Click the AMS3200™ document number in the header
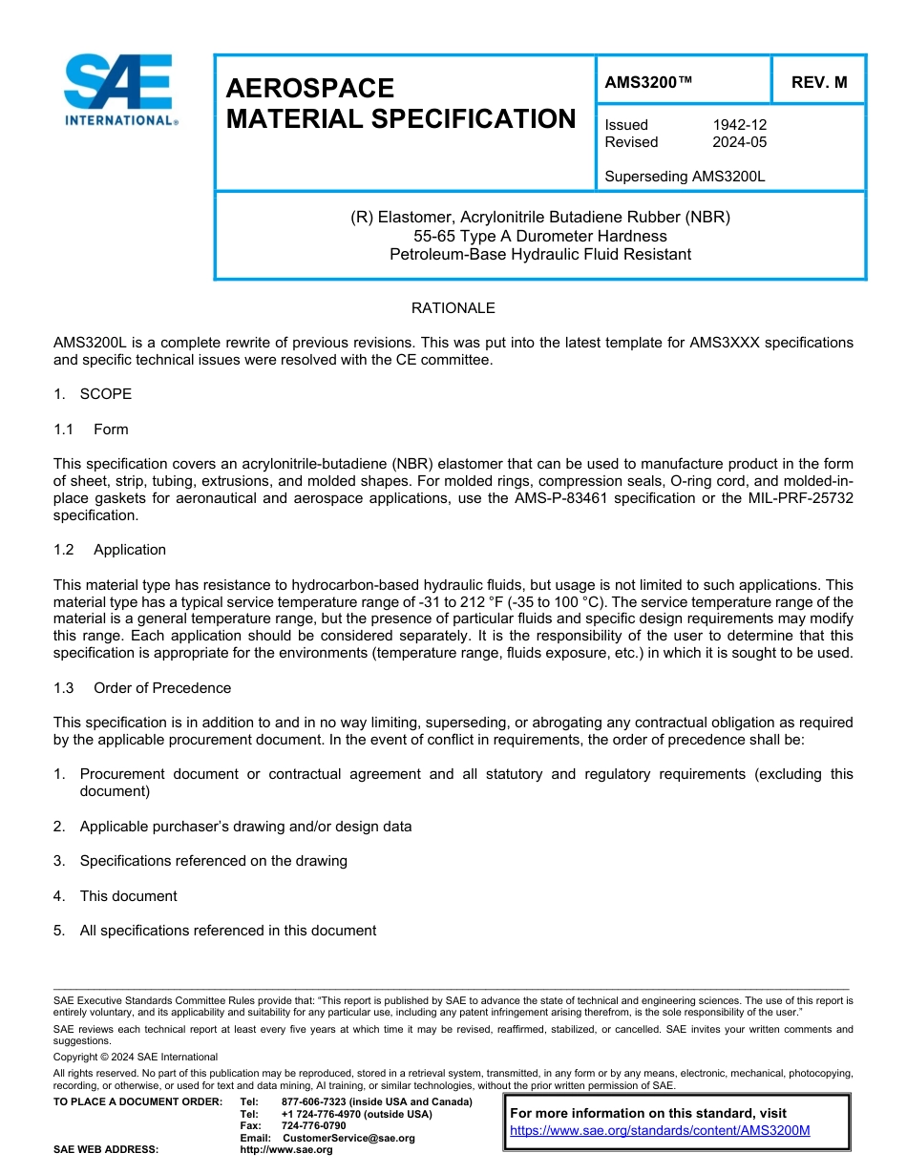coord(648,82)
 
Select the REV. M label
coord(819,82)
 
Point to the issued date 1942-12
coord(739,125)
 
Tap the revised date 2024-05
coord(739,142)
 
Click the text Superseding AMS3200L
coord(686,177)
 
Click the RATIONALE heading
coord(453,308)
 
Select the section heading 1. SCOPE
coord(93,394)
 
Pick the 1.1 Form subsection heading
coord(92,430)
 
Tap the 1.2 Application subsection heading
coord(110,550)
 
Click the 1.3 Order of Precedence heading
coord(142,688)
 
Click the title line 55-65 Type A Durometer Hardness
coord(540,236)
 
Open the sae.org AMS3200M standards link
coord(660,1130)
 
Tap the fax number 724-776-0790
coord(314,1126)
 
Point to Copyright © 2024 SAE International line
coord(136,1057)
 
